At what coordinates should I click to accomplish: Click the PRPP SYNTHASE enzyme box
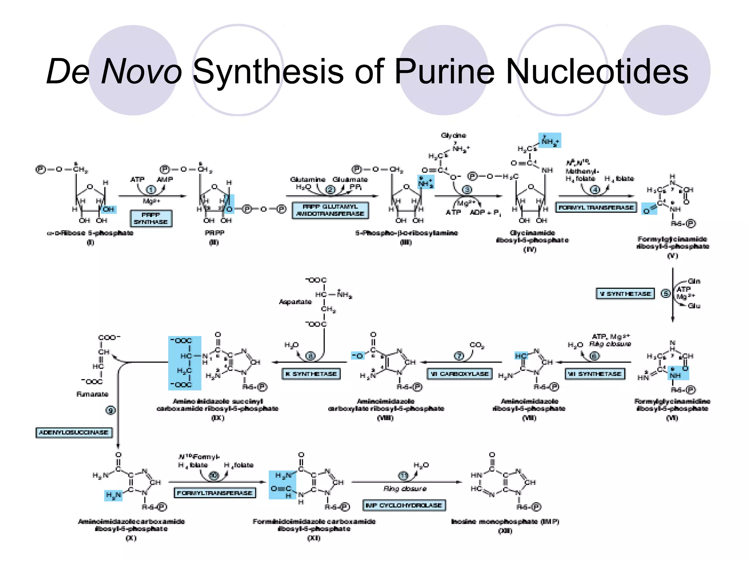click(x=151, y=218)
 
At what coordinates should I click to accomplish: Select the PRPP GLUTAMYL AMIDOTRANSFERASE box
click(x=330, y=210)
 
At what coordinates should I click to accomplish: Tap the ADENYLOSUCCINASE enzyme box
click(x=74, y=432)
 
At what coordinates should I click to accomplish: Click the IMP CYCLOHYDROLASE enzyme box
click(x=404, y=505)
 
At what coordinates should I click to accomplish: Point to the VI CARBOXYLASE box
click(x=459, y=374)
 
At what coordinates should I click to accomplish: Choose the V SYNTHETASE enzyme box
click(x=625, y=294)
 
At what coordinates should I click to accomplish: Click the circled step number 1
click(x=151, y=190)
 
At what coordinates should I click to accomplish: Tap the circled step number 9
click(x=110, y=410)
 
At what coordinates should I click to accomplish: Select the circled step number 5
click(x=666, y=293)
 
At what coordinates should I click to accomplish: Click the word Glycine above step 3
click(x=453, y=136)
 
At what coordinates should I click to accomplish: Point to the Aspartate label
click(x=295, y=302)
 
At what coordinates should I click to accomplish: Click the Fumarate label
click(x=92, y=394)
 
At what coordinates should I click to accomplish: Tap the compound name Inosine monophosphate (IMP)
click(x=505, y=522)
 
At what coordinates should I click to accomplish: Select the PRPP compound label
click(x=214, y=233)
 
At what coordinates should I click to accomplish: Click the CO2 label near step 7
click(x=477, y=345)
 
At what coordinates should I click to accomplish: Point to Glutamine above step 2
click(x=308, y=179)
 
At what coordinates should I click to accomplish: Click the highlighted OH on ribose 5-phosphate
click(x=108, y=209)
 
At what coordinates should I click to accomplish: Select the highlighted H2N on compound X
click(x=113, y=496)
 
